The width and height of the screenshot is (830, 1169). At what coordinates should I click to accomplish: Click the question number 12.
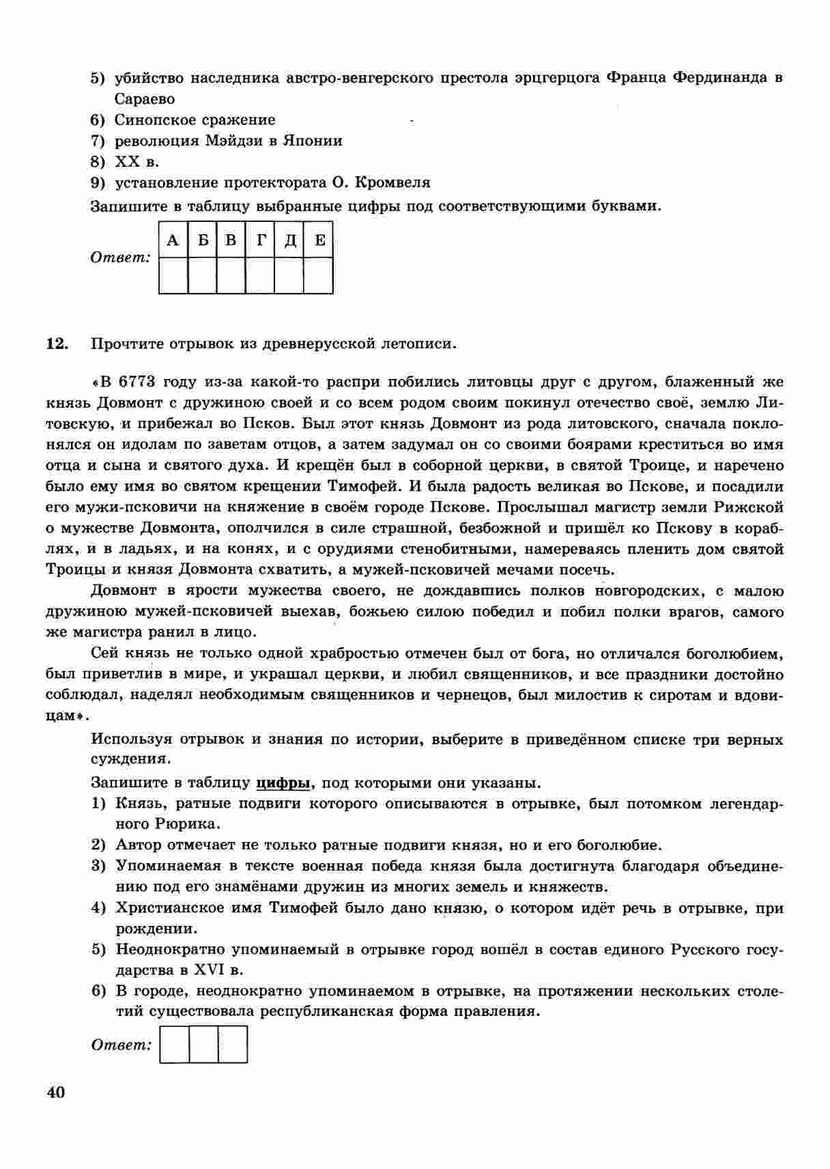pyautogui.click(x=57, y=343)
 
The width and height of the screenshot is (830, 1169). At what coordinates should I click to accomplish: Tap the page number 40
pyautogui.click(x=56, y=1093)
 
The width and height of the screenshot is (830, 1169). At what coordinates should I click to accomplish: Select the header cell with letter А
pyautogui.click(x=173, y=240)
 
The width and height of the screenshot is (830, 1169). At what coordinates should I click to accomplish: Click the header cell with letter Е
pyautogui.click(x=319, y=240)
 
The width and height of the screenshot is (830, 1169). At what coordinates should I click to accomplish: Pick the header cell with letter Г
pyautogui.click(x=261, y=240)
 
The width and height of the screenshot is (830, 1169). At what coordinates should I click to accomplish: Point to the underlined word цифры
pyautogui.click(x=283, y=783)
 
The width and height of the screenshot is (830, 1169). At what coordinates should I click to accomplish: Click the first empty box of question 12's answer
pyautogui.click(x=174, y=1045)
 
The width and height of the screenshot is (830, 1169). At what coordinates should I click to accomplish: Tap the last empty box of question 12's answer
pyautogui.click(x=233, y=1045)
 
